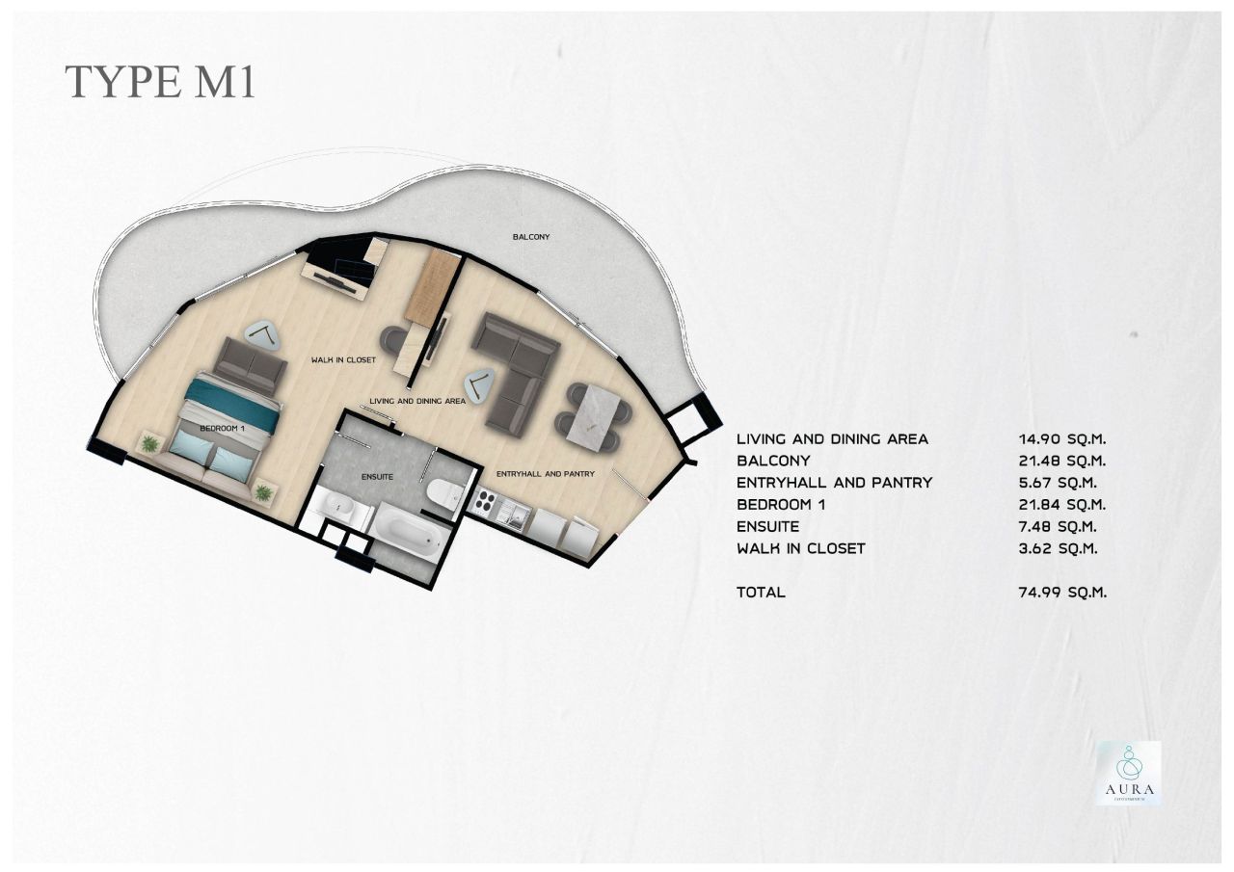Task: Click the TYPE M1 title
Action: coord(160,82)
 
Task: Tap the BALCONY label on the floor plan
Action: coord(530,236)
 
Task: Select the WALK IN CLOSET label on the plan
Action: coord(342,359)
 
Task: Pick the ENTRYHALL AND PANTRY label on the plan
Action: coord(545,474)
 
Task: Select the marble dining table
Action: coord(593,416)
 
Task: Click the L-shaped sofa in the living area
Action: coord(516,371)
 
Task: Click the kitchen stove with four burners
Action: coord(484,504)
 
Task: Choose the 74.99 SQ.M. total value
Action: coord(1056,592)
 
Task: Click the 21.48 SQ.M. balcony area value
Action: coord(1056,461)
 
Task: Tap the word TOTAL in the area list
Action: coord(761,592)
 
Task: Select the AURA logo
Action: coord(1128,773)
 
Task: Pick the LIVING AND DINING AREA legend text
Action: coord(832,438)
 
